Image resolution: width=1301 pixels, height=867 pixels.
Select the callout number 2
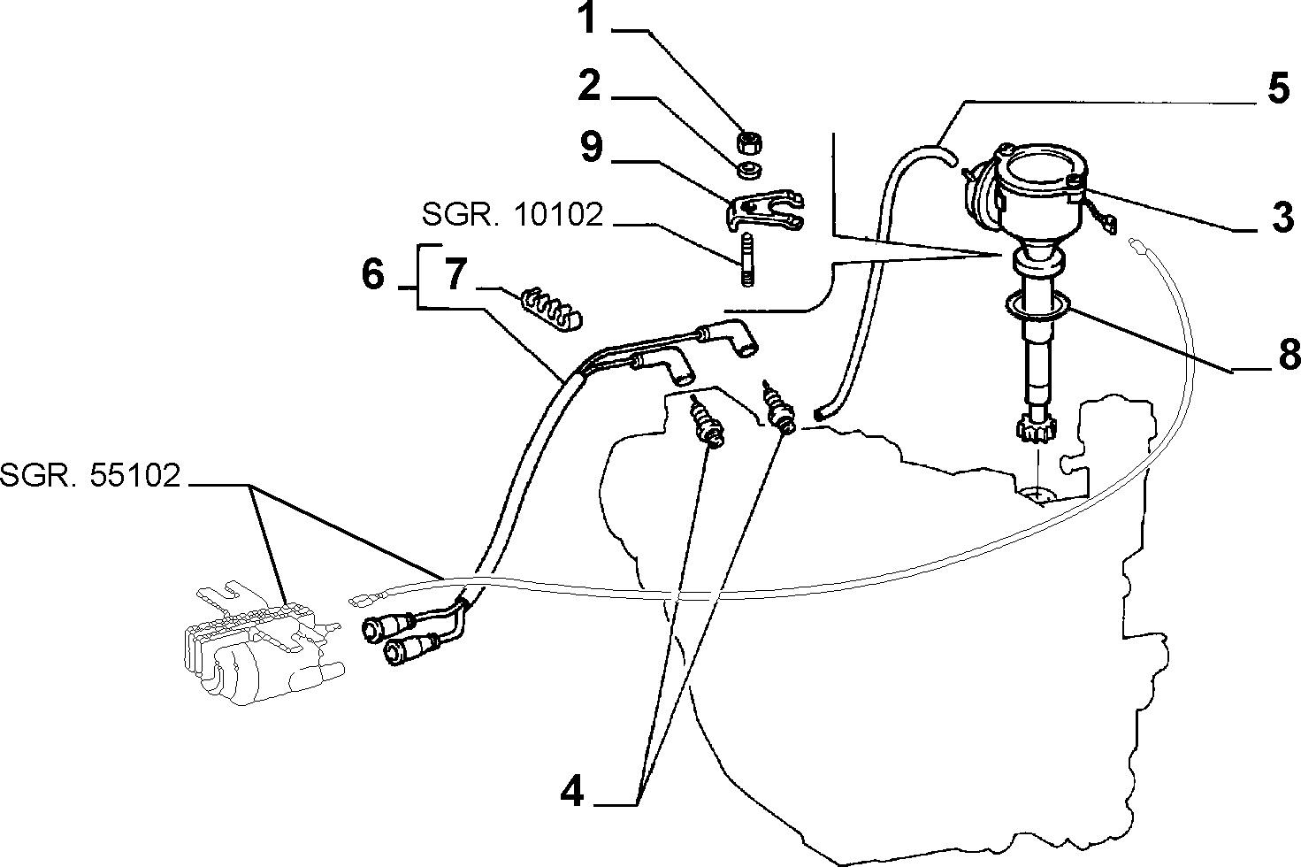pos(590,86)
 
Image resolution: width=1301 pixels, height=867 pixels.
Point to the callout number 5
pos(1278,88)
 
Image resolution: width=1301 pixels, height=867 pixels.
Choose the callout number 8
pos(1288,354)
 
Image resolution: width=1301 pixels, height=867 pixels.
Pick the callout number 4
pos(573,791)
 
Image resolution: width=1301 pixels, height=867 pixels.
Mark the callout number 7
pos(456,273)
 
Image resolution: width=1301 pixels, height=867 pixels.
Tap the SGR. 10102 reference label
pos(512,215)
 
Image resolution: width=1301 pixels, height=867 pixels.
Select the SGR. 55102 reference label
pos(90,475)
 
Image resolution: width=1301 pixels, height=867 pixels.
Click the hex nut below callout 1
pos(749,142)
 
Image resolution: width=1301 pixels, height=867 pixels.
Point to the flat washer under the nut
pos(749,171)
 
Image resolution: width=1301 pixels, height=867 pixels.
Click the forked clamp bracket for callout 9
pos(764,211)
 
